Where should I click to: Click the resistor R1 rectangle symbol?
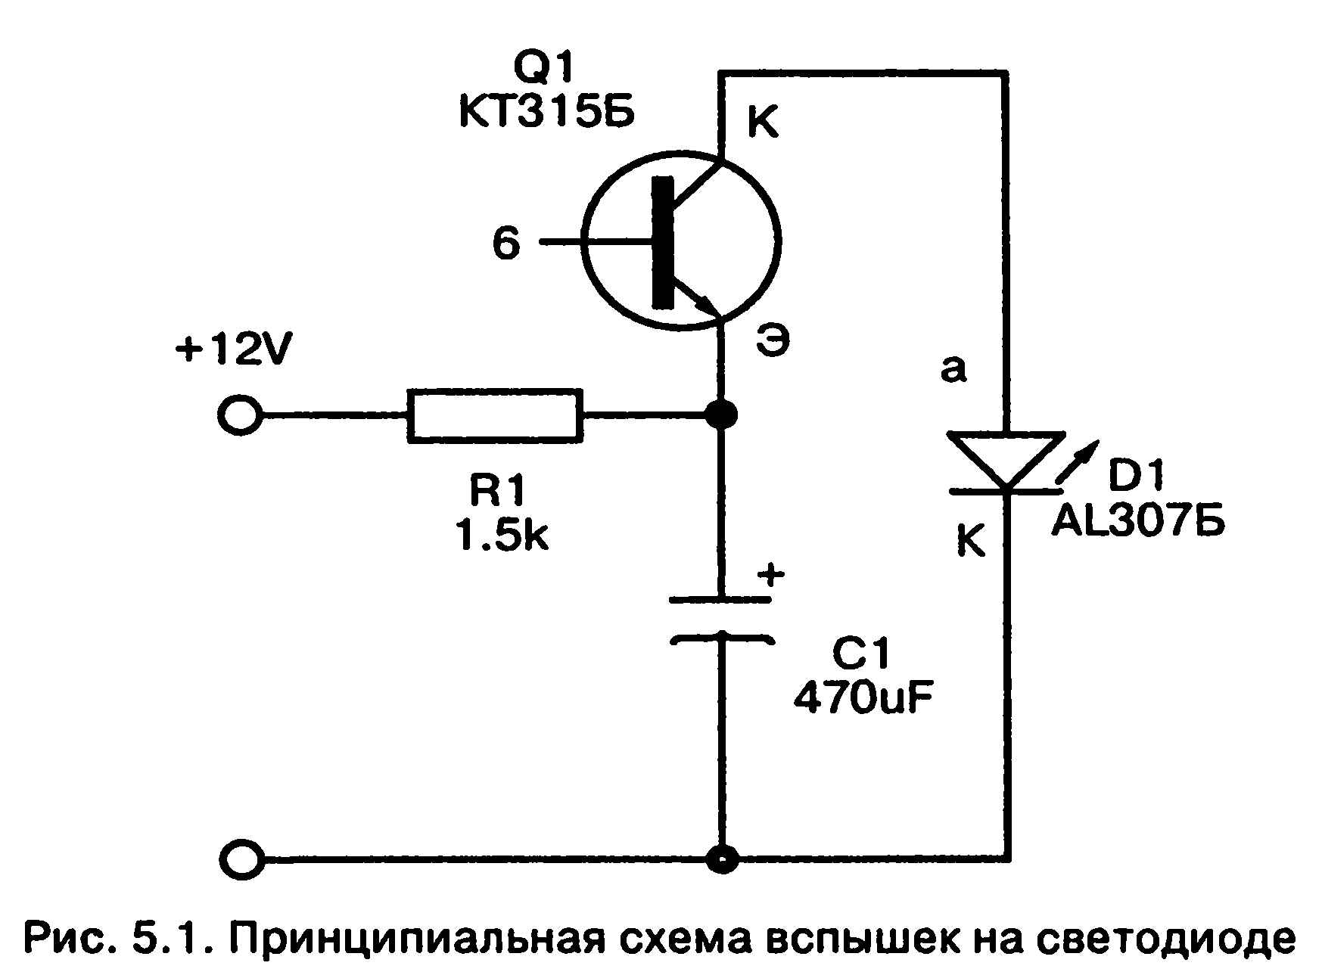click(x=495, y=415)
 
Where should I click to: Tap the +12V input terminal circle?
click(x=241, y=415)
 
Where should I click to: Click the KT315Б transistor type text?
click(x=546, y=113)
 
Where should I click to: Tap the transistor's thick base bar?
click(x=663, y=242)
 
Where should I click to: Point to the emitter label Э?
click(x=772, y=342)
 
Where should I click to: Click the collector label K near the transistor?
click(x=763, y=123)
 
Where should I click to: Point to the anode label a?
click(x=953, y=370)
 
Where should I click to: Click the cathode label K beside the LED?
click(x=972, y=540)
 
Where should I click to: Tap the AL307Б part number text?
click(x=1137, y=522)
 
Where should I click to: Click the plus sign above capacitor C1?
click(x=771, y=575)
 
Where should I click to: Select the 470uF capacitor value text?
click(x=863, y=699)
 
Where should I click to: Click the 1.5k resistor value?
click(x=501, y=536)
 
